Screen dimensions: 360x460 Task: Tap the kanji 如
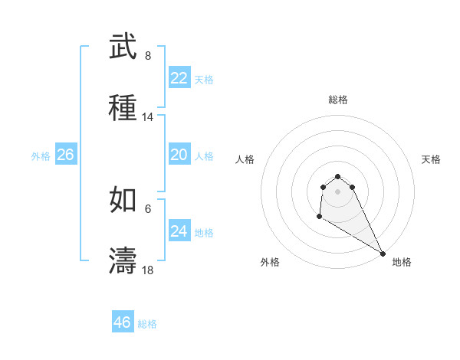pyautogui.click(x=123, y=200)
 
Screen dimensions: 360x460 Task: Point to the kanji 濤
pyautogui.click(x=123, y=260)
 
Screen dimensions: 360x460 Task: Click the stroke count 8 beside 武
pyautogui.click(x=148, y=56)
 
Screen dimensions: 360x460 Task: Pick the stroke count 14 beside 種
pyautogui.click(x=148, y=117)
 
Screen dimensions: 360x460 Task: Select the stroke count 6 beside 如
pyautogui.click(x=148, y=208)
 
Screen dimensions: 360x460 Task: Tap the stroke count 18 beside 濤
pyautogui.click(x=148, y=270)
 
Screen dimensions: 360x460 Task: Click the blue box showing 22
pyautogui.click(x=179, y=78)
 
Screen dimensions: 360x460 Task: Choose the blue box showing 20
pyautogui.click(x=179, y=155)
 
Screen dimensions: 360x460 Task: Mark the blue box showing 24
pyautogui.click(x=179, y=231)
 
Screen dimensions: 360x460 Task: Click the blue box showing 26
pyautogui.click(x=66, y=155)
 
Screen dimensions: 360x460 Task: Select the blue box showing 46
pyautogui.click(x=123, y=322)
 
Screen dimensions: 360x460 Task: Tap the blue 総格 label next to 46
pyautogui.click(x=148, y=324)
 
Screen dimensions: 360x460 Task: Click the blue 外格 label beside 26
pyautogui.click(x=41, y=156)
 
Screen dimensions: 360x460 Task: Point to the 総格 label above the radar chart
pyautogui.click(x=338, y=100)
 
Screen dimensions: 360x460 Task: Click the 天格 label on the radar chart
pyautogui.click(x=431, y=159)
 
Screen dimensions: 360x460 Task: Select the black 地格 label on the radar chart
pyautogui.click(x=402, y=262)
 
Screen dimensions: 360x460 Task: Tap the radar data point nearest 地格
pyautogui.click(x=383, y=254)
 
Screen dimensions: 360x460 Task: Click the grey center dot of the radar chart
pyautogui.click(x=338, y=191)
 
